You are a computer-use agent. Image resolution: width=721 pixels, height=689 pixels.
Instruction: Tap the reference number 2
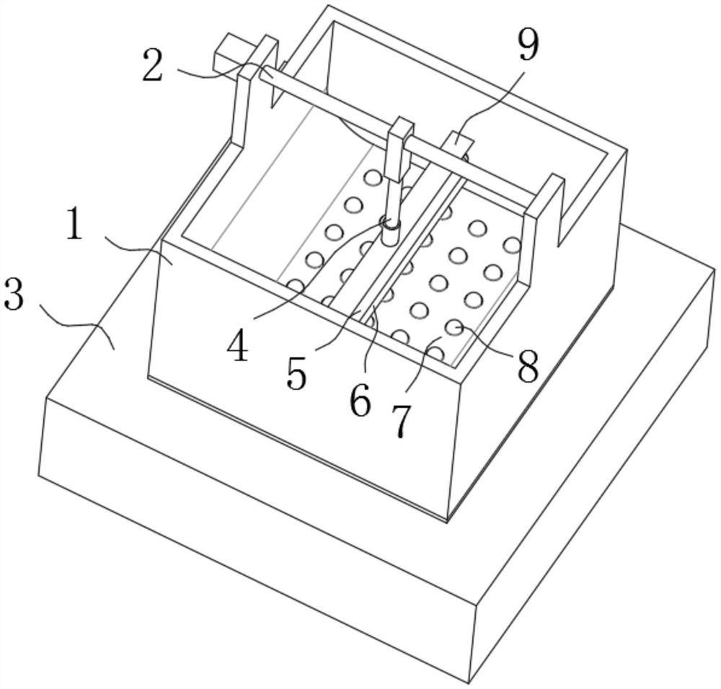152,67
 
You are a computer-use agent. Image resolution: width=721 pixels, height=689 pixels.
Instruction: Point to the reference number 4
237,346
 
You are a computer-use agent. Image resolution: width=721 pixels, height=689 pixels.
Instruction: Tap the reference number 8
527,367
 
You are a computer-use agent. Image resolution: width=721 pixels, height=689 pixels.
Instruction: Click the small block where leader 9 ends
456,141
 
